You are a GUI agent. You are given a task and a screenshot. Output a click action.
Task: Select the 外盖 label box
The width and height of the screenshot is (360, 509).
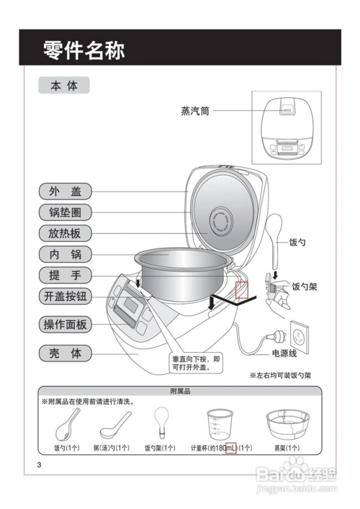click(x=65, y=192)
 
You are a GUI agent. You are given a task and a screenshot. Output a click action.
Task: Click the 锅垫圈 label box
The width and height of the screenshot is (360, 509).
click(x=65, y=212)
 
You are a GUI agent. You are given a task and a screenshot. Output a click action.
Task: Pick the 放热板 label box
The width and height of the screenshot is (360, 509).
click(x=65, y=233)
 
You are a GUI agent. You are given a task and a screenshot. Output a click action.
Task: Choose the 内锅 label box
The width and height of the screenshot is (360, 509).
click(x=65, y=254)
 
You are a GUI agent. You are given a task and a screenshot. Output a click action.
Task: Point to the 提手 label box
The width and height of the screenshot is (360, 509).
click(x=65, y=275)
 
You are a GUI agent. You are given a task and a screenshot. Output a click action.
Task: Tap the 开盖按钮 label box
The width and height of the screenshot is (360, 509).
click(x=65, y=296)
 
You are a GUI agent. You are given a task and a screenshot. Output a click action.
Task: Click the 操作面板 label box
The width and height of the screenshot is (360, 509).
click(x=65, y=325)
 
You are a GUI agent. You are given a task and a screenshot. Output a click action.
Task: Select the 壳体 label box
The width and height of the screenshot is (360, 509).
click(x=65, y=353)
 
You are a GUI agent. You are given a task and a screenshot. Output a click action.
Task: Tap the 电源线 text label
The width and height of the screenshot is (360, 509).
click(x=283, y=353)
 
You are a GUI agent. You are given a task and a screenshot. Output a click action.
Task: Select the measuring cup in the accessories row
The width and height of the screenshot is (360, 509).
click(x=220, y=425)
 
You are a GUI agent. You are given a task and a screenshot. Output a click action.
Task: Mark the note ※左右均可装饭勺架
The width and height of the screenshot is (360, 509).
click(x=281, y=375)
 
